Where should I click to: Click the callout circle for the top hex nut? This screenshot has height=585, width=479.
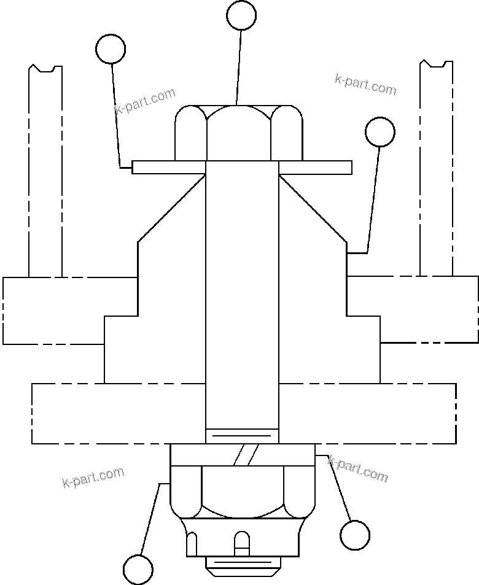click(241, 15)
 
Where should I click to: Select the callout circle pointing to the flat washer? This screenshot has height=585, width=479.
click(111, 49)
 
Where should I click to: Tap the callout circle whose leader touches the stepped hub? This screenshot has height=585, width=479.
click(380, 131)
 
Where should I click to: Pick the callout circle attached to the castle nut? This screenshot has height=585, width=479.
click(138, 570)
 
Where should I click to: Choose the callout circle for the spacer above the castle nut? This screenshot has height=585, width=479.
click(355, 535)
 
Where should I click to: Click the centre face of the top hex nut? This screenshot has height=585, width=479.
click(239, 133)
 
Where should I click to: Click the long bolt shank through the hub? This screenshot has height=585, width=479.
click(242, 295)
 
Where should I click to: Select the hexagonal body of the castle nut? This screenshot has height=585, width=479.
click(242, 491)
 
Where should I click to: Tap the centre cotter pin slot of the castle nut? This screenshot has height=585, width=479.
click(242, 541)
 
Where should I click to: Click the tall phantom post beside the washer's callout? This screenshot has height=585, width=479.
click(45, 172)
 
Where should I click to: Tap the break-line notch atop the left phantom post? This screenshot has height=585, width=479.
click(45, 68)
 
